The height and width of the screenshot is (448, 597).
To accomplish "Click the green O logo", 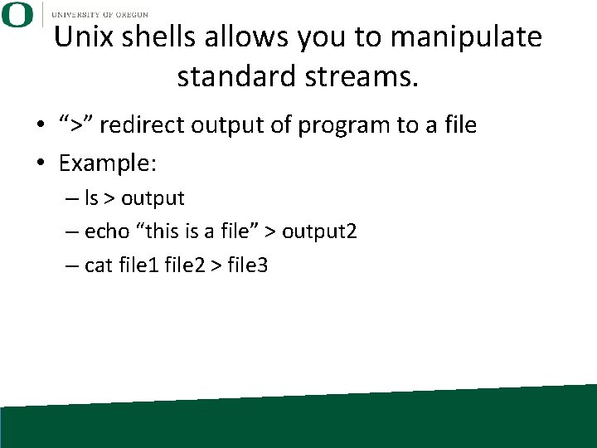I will pos(17,15).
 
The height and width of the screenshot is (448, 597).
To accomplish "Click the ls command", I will pos(91,199).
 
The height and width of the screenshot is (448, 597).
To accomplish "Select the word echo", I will pos(106,232).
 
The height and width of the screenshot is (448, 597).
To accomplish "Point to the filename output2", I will pos(319,232).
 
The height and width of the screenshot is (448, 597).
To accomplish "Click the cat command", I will pos(97,265).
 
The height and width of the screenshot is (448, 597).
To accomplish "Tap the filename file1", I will pos(137,265).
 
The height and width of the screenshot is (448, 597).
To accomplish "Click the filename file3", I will pos(246,265).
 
